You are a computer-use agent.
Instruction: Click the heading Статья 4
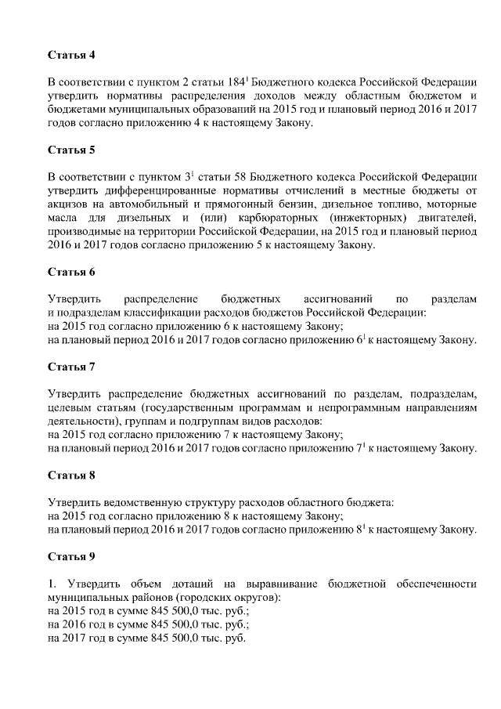(x=71, y=56)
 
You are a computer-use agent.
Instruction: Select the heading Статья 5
(x=71, y=149)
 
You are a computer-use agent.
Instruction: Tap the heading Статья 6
(x=71, y=272)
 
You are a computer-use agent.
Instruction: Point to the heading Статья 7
(x=71, y=366)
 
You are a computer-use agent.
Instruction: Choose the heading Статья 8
(x=71, y=475)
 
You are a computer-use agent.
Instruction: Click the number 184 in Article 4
(x=232, y=82)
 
